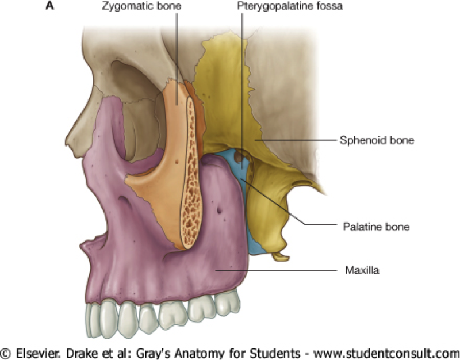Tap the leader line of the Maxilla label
(x=276, y=269)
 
